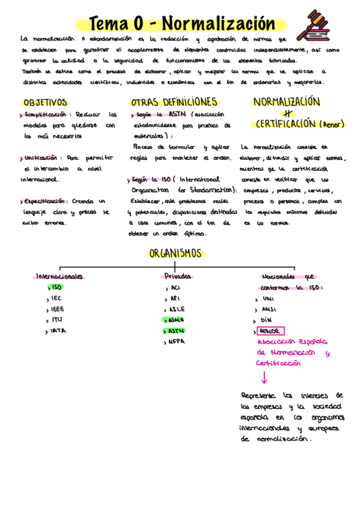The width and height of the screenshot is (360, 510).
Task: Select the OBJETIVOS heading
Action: pyautogui.click(x=45, y=102)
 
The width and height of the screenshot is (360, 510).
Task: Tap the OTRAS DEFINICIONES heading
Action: pyautogui.click(x=174, y=102)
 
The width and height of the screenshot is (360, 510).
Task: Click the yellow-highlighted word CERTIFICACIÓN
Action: pyautogui.click(x=285, y=124)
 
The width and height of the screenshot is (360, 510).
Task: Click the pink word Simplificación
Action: pyautogui.click(x=44, y=114)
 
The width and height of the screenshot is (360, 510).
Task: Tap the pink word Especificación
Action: pyautogui.click(x=44, y=201)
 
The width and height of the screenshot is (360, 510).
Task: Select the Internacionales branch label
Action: pyautogui.click(x=60, y=276)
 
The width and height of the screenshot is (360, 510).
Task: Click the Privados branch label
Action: pyautogui.click(x=178, y=276)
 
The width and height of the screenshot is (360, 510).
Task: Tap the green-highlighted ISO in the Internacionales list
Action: pyautogui.click(x=57, y=287)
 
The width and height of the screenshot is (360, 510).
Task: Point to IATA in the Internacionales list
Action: pyautogui.click(x=58, y=331)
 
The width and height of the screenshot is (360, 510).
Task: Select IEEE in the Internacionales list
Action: pyautogui.click(x=58, y=309)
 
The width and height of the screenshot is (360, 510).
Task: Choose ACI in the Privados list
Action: pyautogui.click(x=176, y=287)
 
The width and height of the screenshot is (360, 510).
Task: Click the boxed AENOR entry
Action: pyautogui.click(x=270, y=331)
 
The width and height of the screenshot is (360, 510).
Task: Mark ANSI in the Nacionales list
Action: pyautogui.click(x=268, y=309)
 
